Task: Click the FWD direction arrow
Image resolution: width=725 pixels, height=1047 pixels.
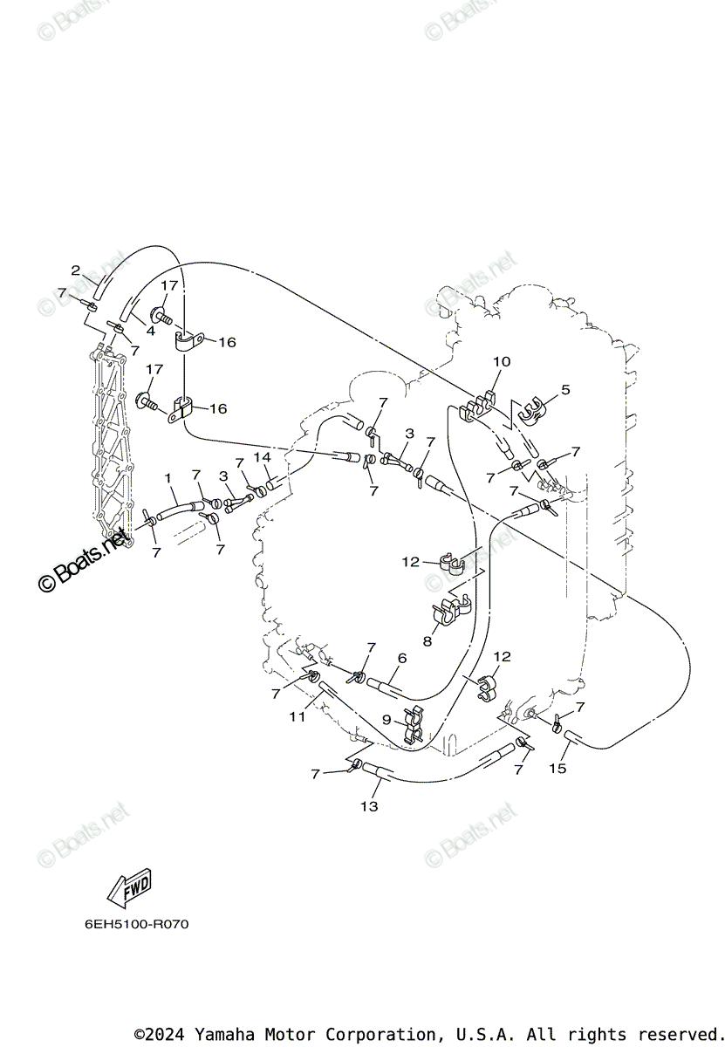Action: pyautogui.click(x=128, y=887)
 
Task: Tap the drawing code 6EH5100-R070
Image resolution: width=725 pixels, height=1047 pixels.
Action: pyautogui.click(x=136, y=924)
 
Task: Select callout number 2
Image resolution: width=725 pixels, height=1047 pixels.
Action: pyautogui.click(x=76, y=270)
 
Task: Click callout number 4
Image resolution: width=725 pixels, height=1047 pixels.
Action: pyautogui.click(x=150, y=332)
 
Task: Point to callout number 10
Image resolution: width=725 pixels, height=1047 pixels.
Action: pyautogui.click(x=502, y=361)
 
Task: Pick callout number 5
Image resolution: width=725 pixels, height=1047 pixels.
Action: pyautogui.click(x=565, y=390)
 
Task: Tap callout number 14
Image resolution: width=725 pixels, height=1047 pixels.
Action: pyautogui.click(x=263, y=457)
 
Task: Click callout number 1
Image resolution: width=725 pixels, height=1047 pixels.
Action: pyautogui.click(x=168, y=478)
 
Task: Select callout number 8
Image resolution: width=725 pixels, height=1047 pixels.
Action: pyautogui.click(x=427, y=641)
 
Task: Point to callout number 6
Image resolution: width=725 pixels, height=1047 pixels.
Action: pyautogui.click(x=402, y=658)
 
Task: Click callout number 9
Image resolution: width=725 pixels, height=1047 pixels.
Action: pyautogui.click(x=386, y=720)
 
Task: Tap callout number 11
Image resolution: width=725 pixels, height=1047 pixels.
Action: pyautogui.click(x=298, y=716)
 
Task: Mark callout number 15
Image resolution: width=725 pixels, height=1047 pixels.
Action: pyautogui.click(x=557, y=768)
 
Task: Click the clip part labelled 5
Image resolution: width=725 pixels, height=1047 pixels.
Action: pyautogui.click(x=531, y=407)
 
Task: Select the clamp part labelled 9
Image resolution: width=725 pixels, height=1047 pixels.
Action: pyautogui.click(x=411, y=727)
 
